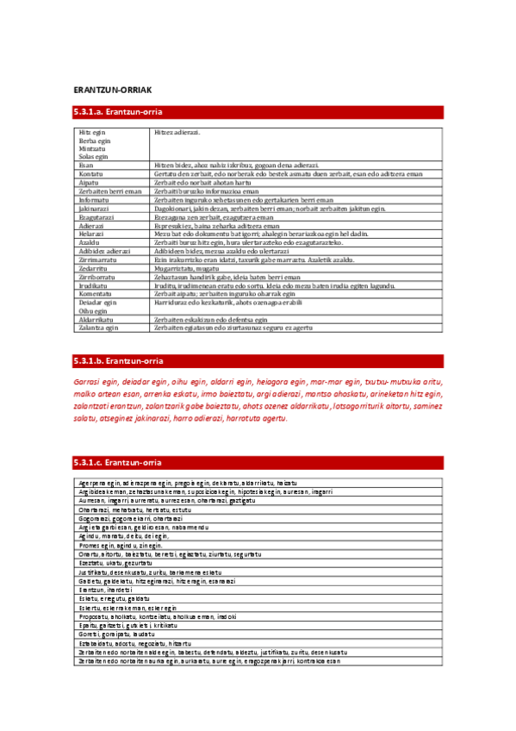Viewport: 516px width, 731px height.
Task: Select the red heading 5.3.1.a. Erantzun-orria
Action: tap(118, 112)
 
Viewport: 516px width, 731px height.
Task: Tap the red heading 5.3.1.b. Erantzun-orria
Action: tap(118, 360)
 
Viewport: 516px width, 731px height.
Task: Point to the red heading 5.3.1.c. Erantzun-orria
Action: tap(118, 463)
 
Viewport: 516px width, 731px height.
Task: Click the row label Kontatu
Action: tap(91, 173)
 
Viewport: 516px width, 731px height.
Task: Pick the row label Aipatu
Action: tap(89, 183)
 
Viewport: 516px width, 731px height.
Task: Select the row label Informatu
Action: tap(93, 200)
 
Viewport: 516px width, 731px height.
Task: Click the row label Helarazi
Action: tap(91, 234)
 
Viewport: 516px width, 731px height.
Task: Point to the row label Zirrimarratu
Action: tap(96, 259)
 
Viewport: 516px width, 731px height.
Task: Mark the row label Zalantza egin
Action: tap(97, 328)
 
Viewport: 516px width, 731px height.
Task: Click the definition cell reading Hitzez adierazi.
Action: tap(177, 133)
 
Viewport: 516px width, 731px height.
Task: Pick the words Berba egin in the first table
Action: tap(94, 141)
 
